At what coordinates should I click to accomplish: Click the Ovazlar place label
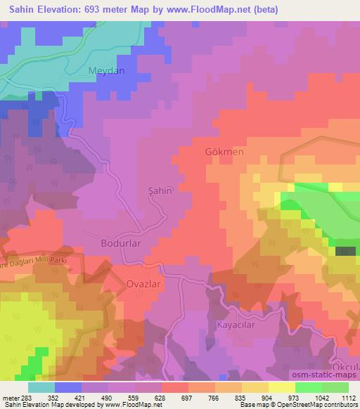coord(124,285)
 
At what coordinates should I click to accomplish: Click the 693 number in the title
coord(94,9)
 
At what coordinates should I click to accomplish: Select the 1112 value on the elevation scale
coord(347,397)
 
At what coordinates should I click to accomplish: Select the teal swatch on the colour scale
coord(41,387)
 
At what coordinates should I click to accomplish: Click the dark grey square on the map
coord(343,250)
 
